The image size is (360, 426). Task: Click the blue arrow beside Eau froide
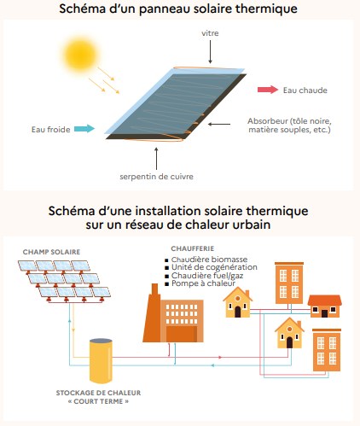(82, 130)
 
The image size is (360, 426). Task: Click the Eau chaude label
(306, 88)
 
